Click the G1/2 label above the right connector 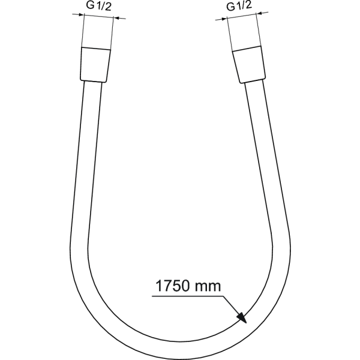pos(239,7)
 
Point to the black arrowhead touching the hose pos(241,317)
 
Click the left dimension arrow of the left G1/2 pos(75,18)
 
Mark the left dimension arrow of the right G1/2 pos(219,20)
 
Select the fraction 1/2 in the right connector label pos(243,7)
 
